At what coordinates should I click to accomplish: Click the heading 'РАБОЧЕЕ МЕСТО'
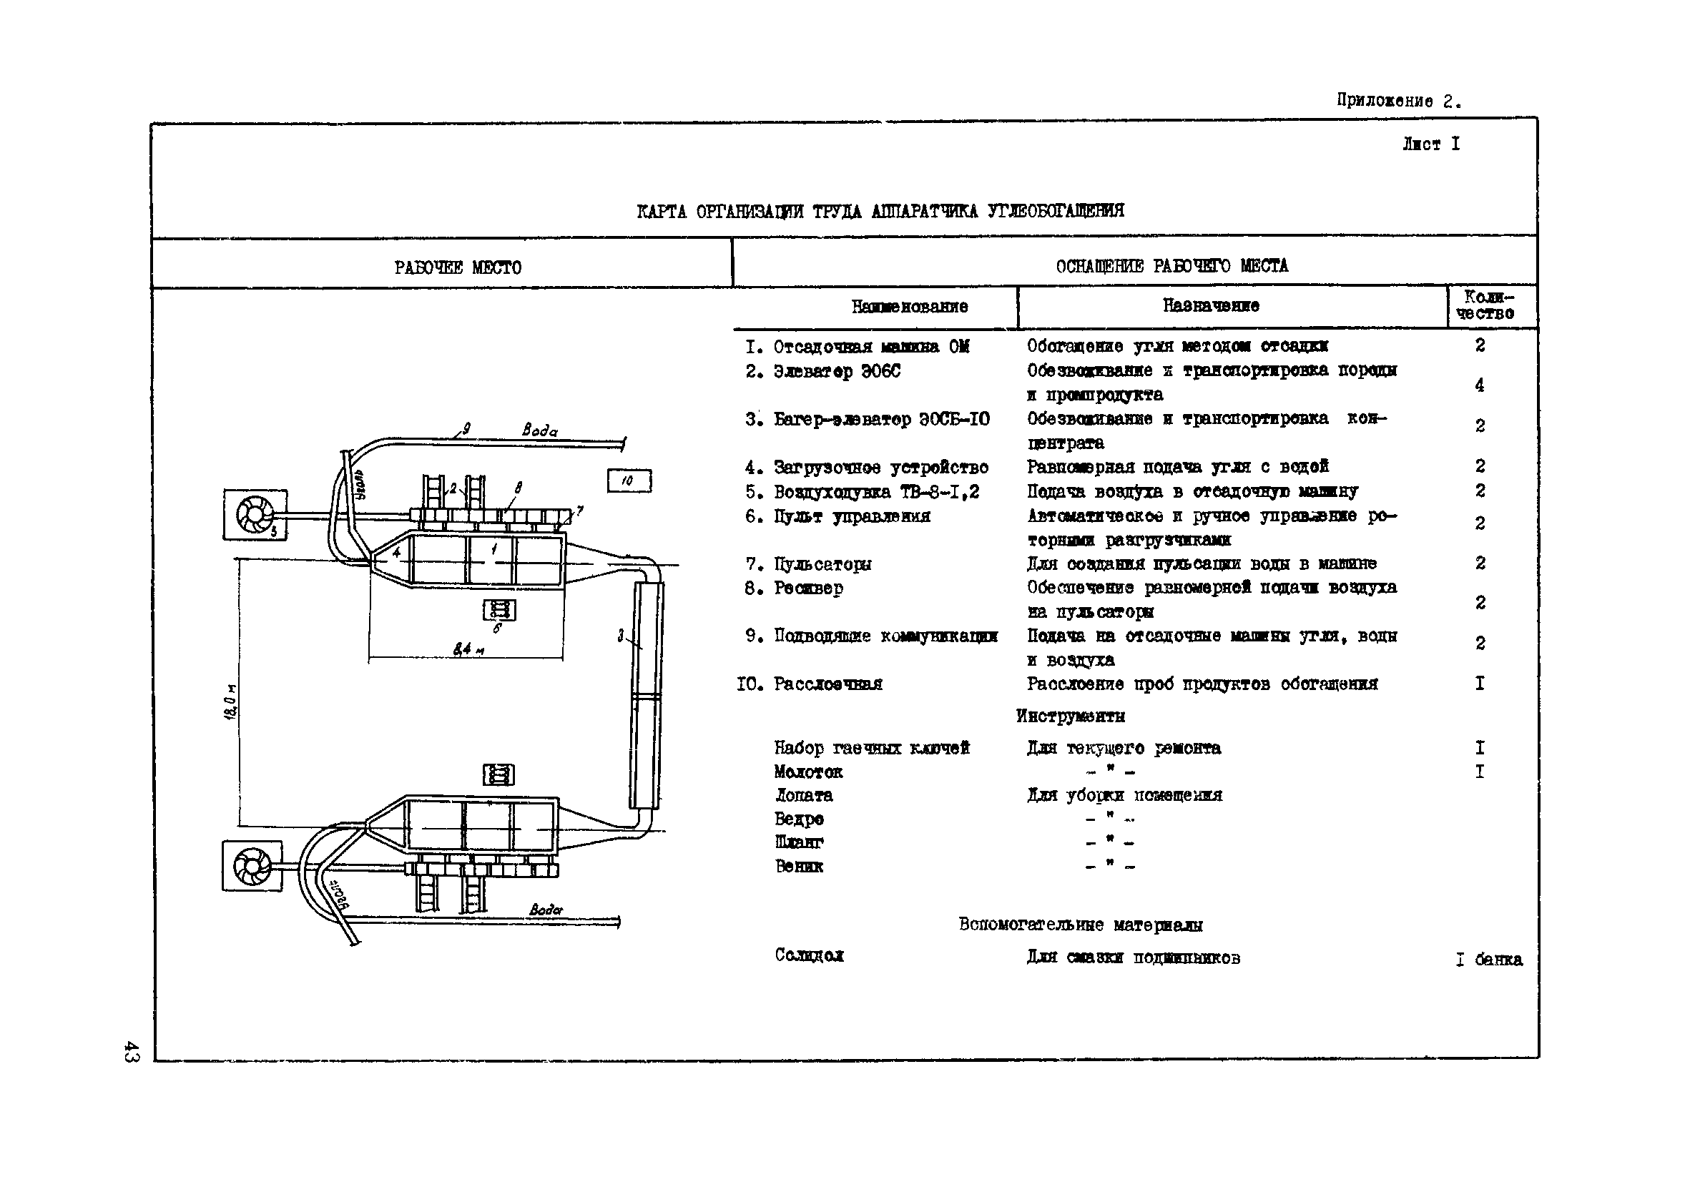coord(457,267)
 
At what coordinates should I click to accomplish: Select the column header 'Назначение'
coord(1210,305)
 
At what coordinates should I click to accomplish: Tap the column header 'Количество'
coord(1488,305)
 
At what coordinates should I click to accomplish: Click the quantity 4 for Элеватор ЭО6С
coord(1479,385)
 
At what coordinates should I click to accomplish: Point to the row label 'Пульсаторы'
coord(822,564)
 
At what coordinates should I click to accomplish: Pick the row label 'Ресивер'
coord(807,588)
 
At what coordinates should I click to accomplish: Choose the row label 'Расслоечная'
coord(827,684)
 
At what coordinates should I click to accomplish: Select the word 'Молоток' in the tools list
coord(807,772)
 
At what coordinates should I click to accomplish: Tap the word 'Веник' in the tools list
coord(799,865)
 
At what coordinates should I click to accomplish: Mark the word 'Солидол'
coord(808,955)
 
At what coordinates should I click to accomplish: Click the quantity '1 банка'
coord(1488,959)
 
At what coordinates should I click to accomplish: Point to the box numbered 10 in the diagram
coord(629,481)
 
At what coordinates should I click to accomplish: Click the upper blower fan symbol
coord(255,514)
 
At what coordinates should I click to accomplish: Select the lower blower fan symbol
coord(252,865)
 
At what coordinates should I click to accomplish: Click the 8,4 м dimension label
coord(468,649)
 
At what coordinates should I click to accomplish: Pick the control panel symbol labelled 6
coord(498,610)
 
